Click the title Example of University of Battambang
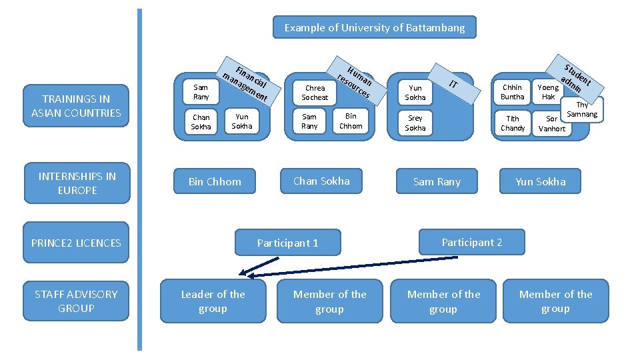click(375, 27)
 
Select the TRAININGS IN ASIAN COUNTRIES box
click(76, 106)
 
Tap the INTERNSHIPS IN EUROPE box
click(77, 183)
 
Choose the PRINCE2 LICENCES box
click(76, 243)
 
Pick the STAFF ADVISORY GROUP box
click(76, 301)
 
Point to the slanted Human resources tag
click(354, 79)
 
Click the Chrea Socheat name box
click(315, 92)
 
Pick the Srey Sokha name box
click(415, 123)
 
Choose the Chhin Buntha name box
click(513, 92)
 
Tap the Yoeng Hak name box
click(548, 92)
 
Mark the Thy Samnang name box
click(583, 110)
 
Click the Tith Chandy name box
click(513, 123)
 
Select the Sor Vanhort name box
click(551, 124)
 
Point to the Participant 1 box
click(288, 243)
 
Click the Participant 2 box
click(471, 242)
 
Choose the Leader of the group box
click(213, 301)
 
